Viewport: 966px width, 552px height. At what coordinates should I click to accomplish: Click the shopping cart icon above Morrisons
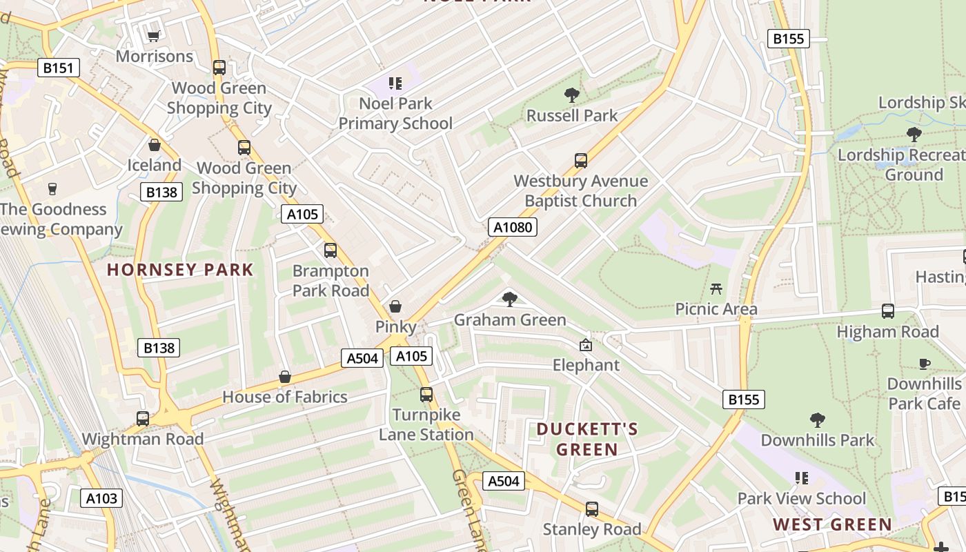[154, 35]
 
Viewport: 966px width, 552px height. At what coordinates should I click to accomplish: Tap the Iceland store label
[154, 165]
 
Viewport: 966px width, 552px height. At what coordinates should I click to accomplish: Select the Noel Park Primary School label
[395, 113]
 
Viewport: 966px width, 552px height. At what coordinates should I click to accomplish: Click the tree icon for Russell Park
[571, 95]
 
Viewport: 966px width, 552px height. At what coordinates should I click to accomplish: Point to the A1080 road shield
[513, 227]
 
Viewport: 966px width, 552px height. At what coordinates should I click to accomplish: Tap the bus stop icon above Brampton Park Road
[331, 250]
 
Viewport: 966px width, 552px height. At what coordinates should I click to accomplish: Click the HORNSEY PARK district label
[181, 270]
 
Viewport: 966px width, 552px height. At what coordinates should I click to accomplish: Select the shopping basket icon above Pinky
[395, 306]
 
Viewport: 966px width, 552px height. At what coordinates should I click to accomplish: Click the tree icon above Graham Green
[510, 299]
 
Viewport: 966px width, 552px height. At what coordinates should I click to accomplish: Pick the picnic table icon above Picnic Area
[716, 288]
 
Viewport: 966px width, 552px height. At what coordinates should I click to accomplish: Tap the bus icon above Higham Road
[888, 311]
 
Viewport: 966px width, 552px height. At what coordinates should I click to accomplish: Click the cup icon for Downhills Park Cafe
[925, 364]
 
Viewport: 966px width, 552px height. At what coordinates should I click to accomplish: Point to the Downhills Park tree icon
[818, 420]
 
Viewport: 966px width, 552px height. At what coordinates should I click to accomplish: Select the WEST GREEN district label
[832, 524]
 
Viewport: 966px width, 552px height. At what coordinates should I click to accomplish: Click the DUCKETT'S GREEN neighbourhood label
[587, 440]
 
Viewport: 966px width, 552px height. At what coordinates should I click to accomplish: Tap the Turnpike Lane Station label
[426, 424]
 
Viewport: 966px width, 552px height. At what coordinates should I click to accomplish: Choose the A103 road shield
[102, 498]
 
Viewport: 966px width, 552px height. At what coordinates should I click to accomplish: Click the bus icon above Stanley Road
[592, 509]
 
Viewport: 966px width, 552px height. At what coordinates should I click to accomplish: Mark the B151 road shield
[59, 68]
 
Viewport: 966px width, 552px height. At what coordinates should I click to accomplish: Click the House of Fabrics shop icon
[285, 377]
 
